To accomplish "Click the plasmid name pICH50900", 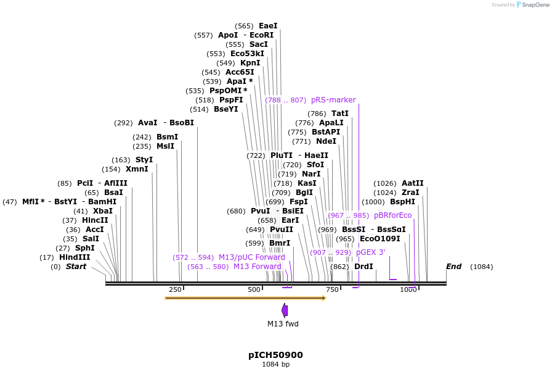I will tap(275, 355).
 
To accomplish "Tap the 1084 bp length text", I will tap(275, 365).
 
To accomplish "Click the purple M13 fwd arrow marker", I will tap(285, 310).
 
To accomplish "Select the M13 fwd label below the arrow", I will tap(283, 323).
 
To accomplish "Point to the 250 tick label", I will tap(175, 289).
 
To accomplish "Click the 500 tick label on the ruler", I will tap(254, 289).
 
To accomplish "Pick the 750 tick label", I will tap(332, 289).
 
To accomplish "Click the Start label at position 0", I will tap(76, 267).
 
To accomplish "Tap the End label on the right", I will tap(453, 267).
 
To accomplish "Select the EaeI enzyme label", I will tap(268, 26).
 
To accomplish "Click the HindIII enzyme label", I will tap(75, 257).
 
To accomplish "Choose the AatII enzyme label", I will tap(413, 183).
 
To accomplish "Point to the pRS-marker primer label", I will tap(333, 100).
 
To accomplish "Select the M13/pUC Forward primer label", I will tap(251, 257).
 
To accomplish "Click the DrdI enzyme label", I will tap(363, 267).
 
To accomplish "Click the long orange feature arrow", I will tap(245, 298).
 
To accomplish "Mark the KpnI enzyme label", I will tap(250, 63).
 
